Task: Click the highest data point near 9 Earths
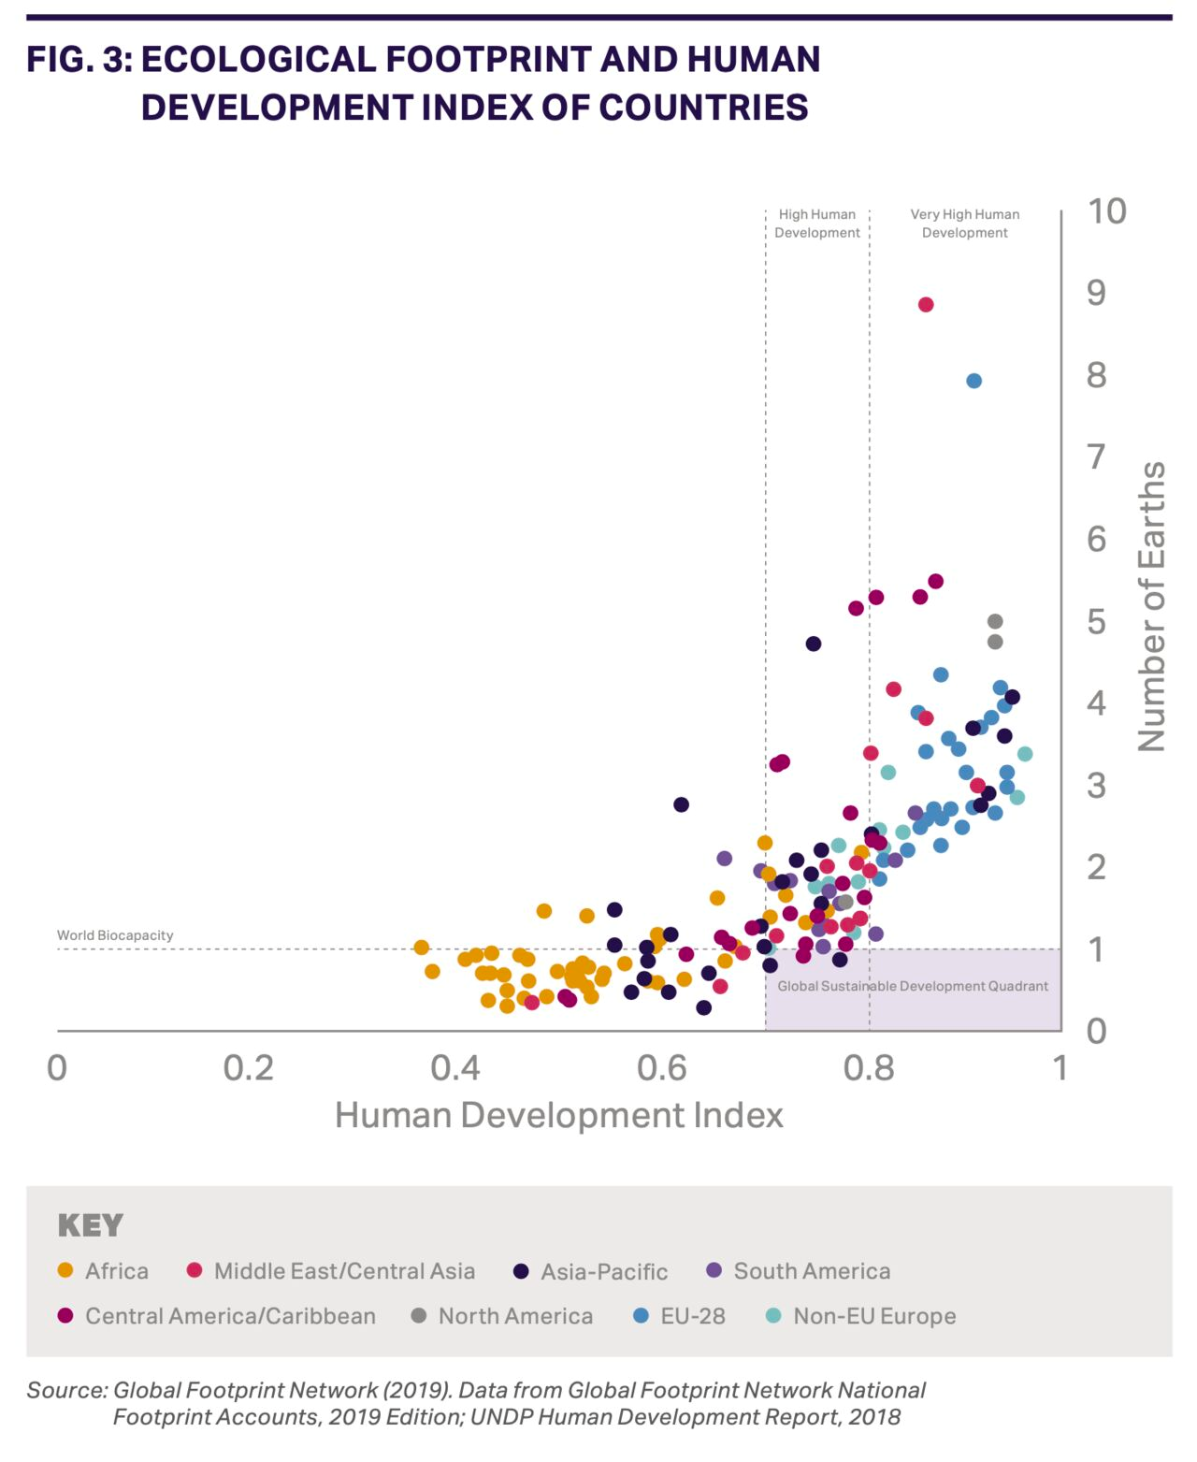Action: [x=926, y=305]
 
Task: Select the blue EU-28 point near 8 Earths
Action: [x=973, y=381]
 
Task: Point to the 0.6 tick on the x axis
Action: [x=662, y=1067]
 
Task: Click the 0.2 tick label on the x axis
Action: [x=249, y=1067]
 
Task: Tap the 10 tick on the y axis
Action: [x=1106, y=211]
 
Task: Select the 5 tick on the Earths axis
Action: [x=1096, y=621]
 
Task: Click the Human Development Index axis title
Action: [x=559, y=1115]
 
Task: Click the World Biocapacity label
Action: [x=115, y=935]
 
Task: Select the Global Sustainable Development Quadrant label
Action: [x=913, y=986]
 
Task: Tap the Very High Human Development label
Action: [x=965, y=224]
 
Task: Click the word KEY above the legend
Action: [x=91, y=1225]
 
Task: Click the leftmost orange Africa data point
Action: [x=422, y=948]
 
